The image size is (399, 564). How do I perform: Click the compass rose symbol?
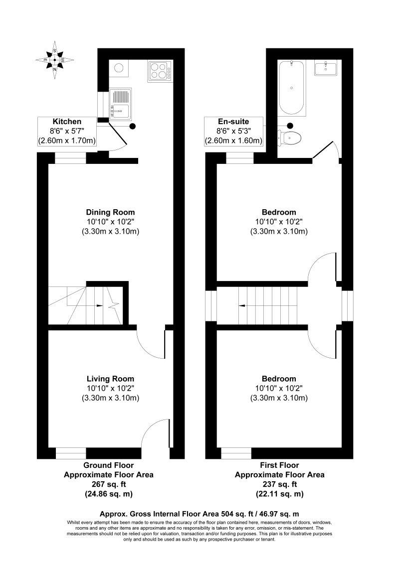tap(55, 60)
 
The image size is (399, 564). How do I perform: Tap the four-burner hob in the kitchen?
tap(160, 71)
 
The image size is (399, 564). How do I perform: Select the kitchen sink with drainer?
tap(119, 105)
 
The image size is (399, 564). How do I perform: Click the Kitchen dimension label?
tap(67, 132)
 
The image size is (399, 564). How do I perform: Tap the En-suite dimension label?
tap(233, 132)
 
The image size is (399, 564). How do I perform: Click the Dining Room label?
tap(110, 212)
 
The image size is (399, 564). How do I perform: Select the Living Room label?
tap(110, 379)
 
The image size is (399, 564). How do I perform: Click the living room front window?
tap(71, 453)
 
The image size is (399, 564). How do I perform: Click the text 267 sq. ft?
tap(109, 484)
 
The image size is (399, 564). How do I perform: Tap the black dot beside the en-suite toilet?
tap(290, 126)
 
